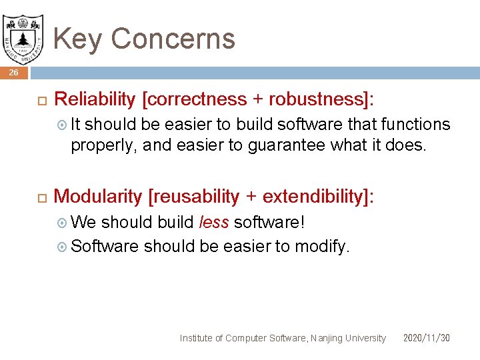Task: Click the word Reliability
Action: pos(95,99)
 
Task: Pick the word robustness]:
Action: pos(321,99)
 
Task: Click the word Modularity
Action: pos(97,197)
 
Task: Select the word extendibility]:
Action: pos(318,197)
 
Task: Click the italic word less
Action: pos(214,222)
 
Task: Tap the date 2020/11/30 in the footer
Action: pos(426,338)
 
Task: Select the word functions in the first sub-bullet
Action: pos(415,125)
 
